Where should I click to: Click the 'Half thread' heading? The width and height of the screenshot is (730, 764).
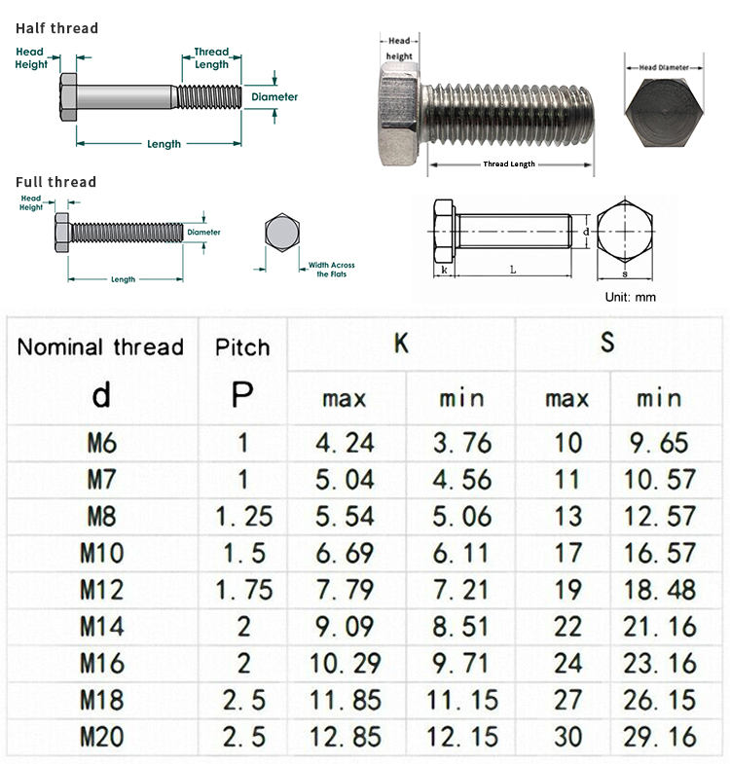pyautogui.click(x=56, y=28)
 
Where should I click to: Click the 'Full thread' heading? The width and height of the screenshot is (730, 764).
pyautogui.click(x=55, y=182)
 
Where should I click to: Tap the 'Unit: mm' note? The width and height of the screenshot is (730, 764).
pyautogui.click(x=631, y=297)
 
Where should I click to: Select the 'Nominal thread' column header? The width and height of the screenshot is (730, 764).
pyautogui.click(x=100, y=347)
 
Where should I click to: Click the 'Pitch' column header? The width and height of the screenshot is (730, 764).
pyautogui.click(x=242, y=347)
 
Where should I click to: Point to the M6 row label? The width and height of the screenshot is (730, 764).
pyautogui.click(x=101, y=443)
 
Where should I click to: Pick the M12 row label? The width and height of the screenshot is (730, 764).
pyautogui.click(x=101, y=590)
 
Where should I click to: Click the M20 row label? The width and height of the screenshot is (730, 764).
pyautogui.click(x=101, y=737)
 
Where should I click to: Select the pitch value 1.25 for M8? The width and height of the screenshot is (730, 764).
pyautogui.click(x=243, y=517)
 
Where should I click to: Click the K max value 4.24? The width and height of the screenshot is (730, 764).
pyautogui.click(x=345, y=443)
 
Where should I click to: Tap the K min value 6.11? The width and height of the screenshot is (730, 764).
pyautogui.click(x=461, y=553)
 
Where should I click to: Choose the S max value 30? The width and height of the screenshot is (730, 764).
pyautogui.click(x=567, y=737)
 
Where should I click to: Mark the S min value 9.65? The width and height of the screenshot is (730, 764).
pyautogui.click(x=659, y=443)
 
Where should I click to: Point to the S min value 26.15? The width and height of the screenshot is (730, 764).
pyautogui.click(x=659, y=700)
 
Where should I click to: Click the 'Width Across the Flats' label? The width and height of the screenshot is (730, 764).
pyautogui.click(x=331, y=270)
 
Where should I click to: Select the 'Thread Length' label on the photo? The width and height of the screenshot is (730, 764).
pyautogui.click(x=509, y=164)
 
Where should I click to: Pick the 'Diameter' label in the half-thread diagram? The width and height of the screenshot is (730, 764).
pyautogui.click(x=274, y=97)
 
